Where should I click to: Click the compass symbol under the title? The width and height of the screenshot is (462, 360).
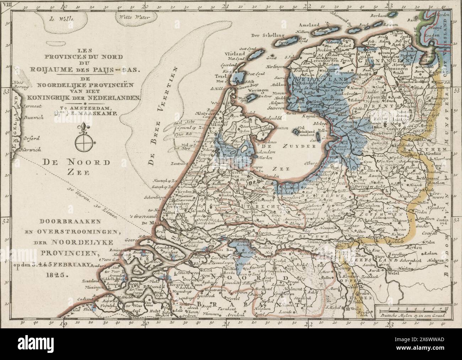(x=85, y=142)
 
